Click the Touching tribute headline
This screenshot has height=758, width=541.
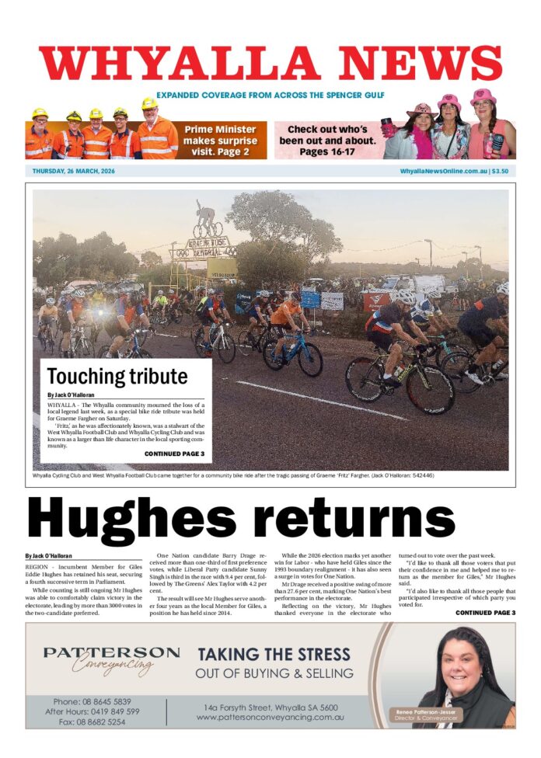tap(117, 377)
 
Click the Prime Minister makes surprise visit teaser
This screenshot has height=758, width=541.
tap(219, 141)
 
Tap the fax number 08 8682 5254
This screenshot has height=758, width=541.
tap(96, 721)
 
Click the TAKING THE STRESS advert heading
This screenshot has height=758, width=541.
tap(274, 654)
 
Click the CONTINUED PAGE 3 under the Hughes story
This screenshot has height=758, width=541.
tap(485, 613)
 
